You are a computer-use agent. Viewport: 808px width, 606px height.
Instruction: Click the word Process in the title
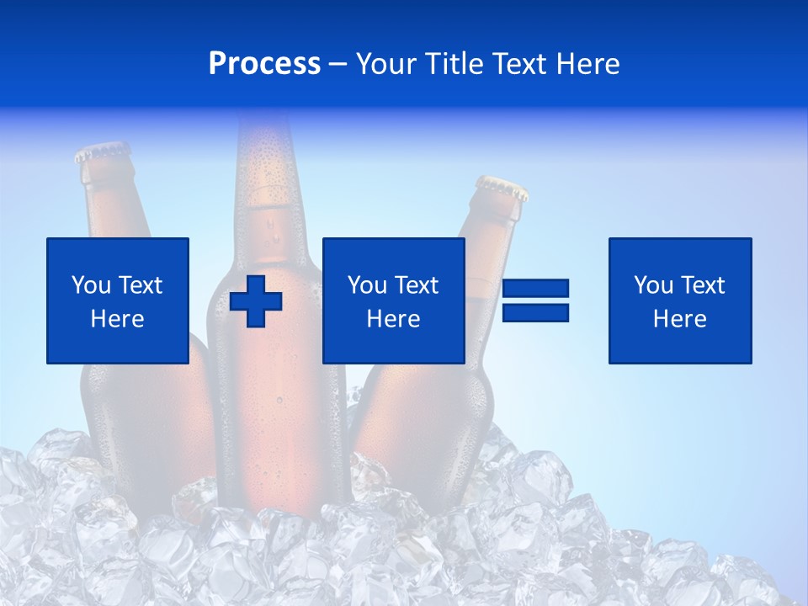(x=264, y=64)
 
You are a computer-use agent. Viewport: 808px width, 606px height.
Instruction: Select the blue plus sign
(x=256, y=300)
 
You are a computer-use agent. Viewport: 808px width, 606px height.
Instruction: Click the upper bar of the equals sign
(x=535, y=289)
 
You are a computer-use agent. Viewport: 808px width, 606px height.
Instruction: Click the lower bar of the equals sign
(x=535, y=312)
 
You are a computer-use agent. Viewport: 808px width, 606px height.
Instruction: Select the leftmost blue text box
(x=118, y=300)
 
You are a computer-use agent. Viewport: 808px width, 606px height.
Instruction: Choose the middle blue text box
(x=394, y=300)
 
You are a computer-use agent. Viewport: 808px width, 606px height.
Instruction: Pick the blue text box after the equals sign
(x=680, y=300)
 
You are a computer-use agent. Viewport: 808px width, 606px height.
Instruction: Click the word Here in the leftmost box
(x=118, y=319)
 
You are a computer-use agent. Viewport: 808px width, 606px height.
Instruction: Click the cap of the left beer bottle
(x=102, y=152)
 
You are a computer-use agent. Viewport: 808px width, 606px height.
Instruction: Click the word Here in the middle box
(x=394, y=319)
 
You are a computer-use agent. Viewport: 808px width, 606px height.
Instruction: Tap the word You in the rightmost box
(x=653, y=285)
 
